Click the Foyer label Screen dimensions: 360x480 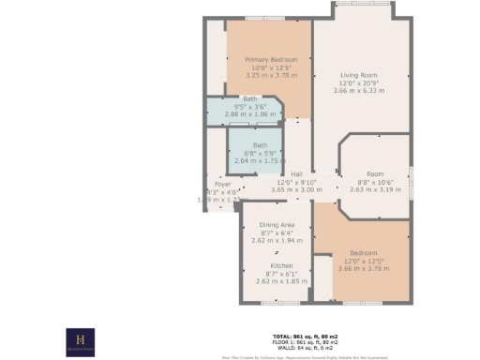[222, 185]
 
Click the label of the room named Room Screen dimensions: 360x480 [375, 174]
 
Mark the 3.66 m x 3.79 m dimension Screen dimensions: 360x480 [364, 268]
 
